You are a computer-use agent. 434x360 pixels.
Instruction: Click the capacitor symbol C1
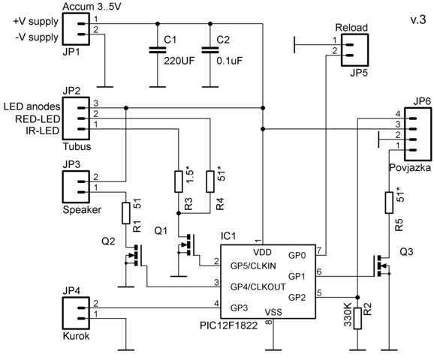(x=158, y=50)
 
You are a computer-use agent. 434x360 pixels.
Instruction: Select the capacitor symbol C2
(x=210, y=50)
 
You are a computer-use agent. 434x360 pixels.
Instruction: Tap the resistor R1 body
(x=126, y=213)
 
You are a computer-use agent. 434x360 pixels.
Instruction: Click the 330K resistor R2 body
(x=357, y=318)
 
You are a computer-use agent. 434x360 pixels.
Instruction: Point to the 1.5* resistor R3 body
(x=179, y=181)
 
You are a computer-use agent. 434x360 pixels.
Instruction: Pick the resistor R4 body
(x=210, y=181)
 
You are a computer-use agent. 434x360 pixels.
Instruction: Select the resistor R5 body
(x=389, y=202)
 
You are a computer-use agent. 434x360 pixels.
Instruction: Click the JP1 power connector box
(x=76, y=28)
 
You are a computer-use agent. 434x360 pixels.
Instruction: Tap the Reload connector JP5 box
(x=355, y=50)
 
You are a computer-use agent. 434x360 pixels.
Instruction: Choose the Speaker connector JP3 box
(x=76, y=187)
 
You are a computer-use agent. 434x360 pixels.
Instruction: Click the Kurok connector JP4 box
(x=76, y=313)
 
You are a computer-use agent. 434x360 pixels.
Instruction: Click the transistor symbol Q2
(x=135, y=255)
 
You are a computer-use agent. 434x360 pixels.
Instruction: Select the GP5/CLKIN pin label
(x=253, y=266)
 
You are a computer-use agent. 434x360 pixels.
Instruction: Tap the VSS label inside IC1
(x=273, y=312)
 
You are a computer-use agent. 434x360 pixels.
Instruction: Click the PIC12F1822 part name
(x=228, y=325)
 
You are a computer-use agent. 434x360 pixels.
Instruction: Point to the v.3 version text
(x=418, y=20)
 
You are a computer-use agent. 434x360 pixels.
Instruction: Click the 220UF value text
(x=179, y=61)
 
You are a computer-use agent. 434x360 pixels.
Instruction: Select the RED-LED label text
(x=38, y=119)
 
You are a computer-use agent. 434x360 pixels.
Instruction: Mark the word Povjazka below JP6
(x=410, y=168)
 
